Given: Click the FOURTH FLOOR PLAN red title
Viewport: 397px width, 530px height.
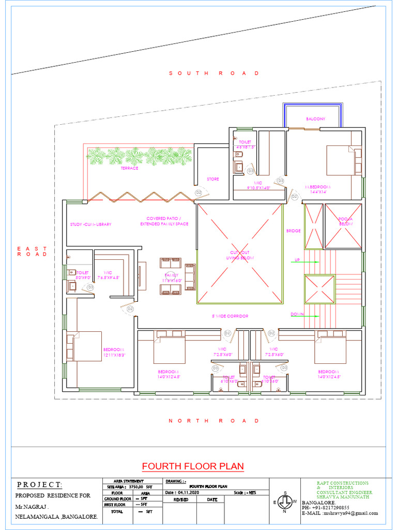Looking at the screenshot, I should coord(193,466).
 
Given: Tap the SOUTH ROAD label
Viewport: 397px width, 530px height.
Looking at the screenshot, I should coord(214,73).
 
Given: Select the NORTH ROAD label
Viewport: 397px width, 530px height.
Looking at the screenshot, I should coord(214,421).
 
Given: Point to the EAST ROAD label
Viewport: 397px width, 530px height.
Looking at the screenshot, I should coord(32,252).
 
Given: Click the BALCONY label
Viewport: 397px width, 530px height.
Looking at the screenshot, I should coord(315,119).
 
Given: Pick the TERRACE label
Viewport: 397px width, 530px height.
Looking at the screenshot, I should coord(129,168).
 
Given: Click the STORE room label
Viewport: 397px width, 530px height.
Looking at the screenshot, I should coord(213,179).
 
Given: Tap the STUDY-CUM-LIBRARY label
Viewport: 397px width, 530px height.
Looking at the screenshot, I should coord(91,225).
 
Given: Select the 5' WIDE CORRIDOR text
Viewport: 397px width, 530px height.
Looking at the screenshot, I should coord(230,316).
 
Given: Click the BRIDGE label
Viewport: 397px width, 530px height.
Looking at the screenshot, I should coord(293,231).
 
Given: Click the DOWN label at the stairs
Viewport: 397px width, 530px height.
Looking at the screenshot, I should coord(296,314).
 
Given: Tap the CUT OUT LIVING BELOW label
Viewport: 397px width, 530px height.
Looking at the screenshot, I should coord(240,255).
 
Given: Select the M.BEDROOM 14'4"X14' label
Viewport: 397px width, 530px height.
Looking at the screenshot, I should coord(317,189).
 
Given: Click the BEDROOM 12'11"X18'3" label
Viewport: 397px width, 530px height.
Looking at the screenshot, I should coord(114,352).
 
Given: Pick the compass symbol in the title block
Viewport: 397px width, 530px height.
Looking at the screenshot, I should coord(284,502).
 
